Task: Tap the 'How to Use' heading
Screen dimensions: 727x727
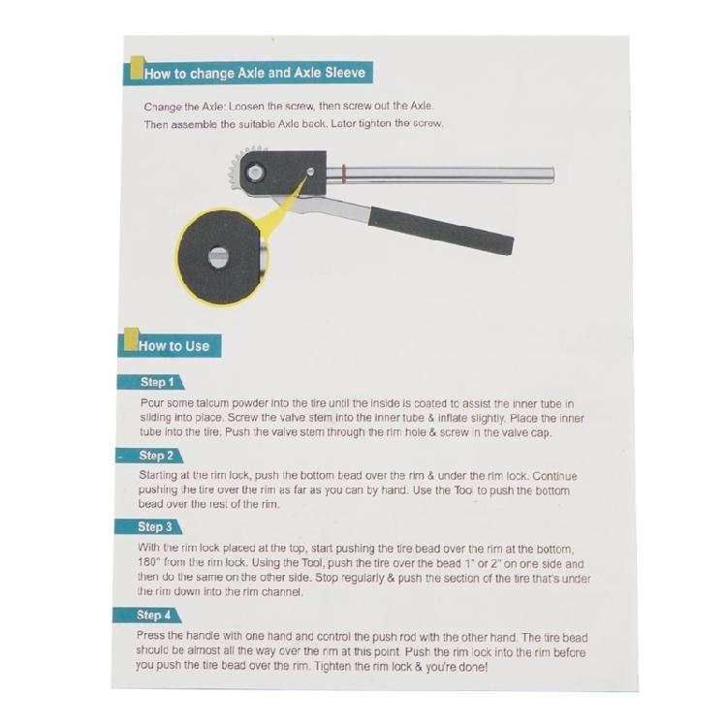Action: (174, 345)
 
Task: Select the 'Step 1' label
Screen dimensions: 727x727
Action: (157, 382)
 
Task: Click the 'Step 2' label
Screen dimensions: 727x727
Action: (156, 456)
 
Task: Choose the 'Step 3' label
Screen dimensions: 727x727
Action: (155, 528)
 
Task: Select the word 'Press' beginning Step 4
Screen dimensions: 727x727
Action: (155, 638)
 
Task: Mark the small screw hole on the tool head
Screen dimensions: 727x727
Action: (309, 173)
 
